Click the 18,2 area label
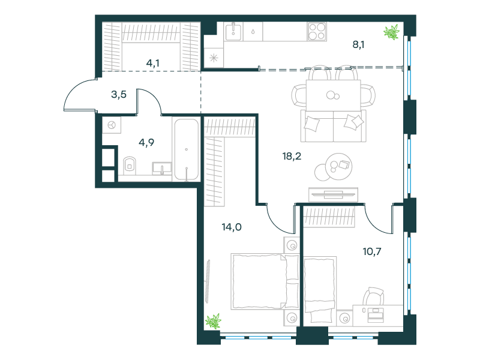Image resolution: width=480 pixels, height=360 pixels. coord(292,157)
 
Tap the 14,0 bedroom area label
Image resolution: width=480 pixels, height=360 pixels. coord(232,227)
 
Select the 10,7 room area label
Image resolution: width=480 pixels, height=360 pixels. coord(372,251)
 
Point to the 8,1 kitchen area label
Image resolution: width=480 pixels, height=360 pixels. coord(358,44)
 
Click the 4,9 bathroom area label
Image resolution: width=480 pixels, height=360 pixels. coord(146,142)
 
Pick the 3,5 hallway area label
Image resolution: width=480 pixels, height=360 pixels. coord(119,94)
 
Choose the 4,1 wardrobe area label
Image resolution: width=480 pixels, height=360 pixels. coord(153,63)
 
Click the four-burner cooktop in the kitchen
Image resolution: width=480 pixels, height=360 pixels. coord(317,32)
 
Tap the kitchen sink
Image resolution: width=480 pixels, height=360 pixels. coord(233,32)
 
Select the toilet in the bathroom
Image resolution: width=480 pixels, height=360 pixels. coord(130,166)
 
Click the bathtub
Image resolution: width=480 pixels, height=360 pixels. coord(187,149)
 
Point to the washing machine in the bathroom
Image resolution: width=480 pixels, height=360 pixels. coord(112,125)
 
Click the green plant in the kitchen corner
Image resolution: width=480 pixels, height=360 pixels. coord(392,32)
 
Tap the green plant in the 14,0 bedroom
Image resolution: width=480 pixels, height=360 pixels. coord(213,321)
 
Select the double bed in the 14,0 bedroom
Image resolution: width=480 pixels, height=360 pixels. coord(265,281)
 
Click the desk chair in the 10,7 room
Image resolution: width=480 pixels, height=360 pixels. coord(373,296)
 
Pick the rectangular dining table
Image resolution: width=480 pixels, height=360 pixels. coord(334,95)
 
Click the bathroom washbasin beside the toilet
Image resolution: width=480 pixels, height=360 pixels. coord(161,169)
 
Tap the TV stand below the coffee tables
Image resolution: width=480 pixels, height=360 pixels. coord(334,194)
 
